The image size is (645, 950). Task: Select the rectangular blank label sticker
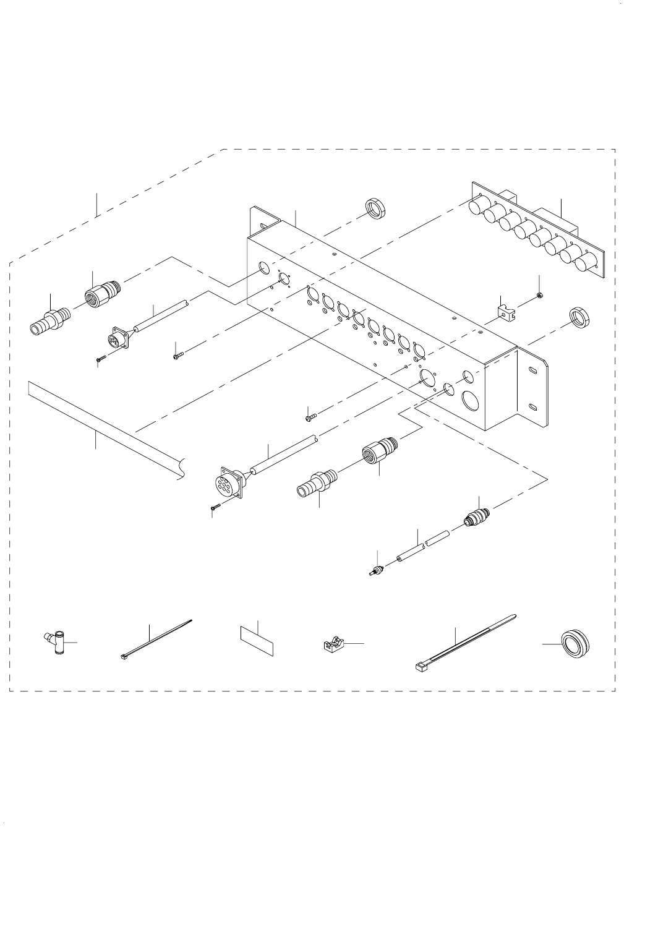[256, 640]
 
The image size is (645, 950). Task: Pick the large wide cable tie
[464, 642]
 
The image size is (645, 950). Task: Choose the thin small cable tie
[156, 639]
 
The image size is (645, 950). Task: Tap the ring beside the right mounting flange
[579, 319]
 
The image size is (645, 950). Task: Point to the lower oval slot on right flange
[532, 406]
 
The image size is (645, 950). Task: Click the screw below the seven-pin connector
[216, 507]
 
